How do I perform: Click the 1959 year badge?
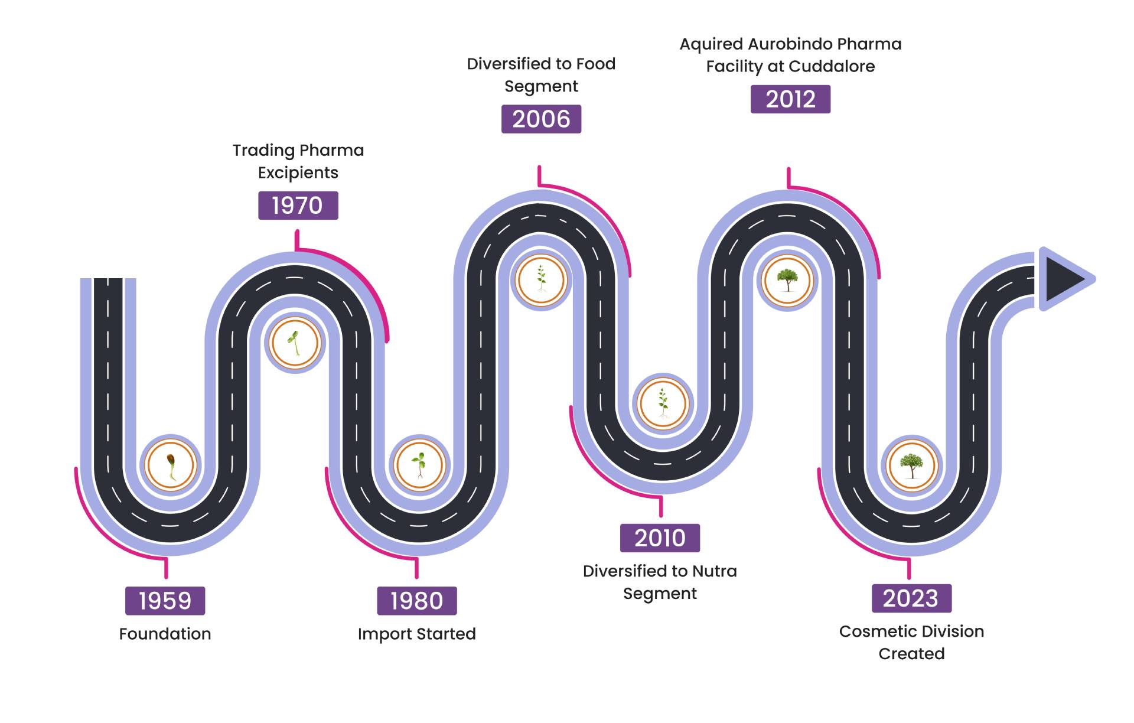click(165, 601)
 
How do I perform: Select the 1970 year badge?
click(298, 206)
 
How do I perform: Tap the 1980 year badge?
click(416, 601)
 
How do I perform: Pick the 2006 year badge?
click(541, 119)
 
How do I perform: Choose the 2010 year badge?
click(660, 538)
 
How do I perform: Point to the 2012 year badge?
click(790, 99)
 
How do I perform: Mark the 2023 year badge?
click(911, 598)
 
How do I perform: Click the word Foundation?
click(165, 634)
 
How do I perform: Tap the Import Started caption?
click(416, 634)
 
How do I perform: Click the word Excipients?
click(298, 172)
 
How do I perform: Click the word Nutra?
click(714, 571)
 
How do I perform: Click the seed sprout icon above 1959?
click(171, 465)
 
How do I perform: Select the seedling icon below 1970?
click(294, 343)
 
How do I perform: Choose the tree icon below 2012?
click(787, 281)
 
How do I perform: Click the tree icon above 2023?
click(911, 465)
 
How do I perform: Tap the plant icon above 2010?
click(663, 404)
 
